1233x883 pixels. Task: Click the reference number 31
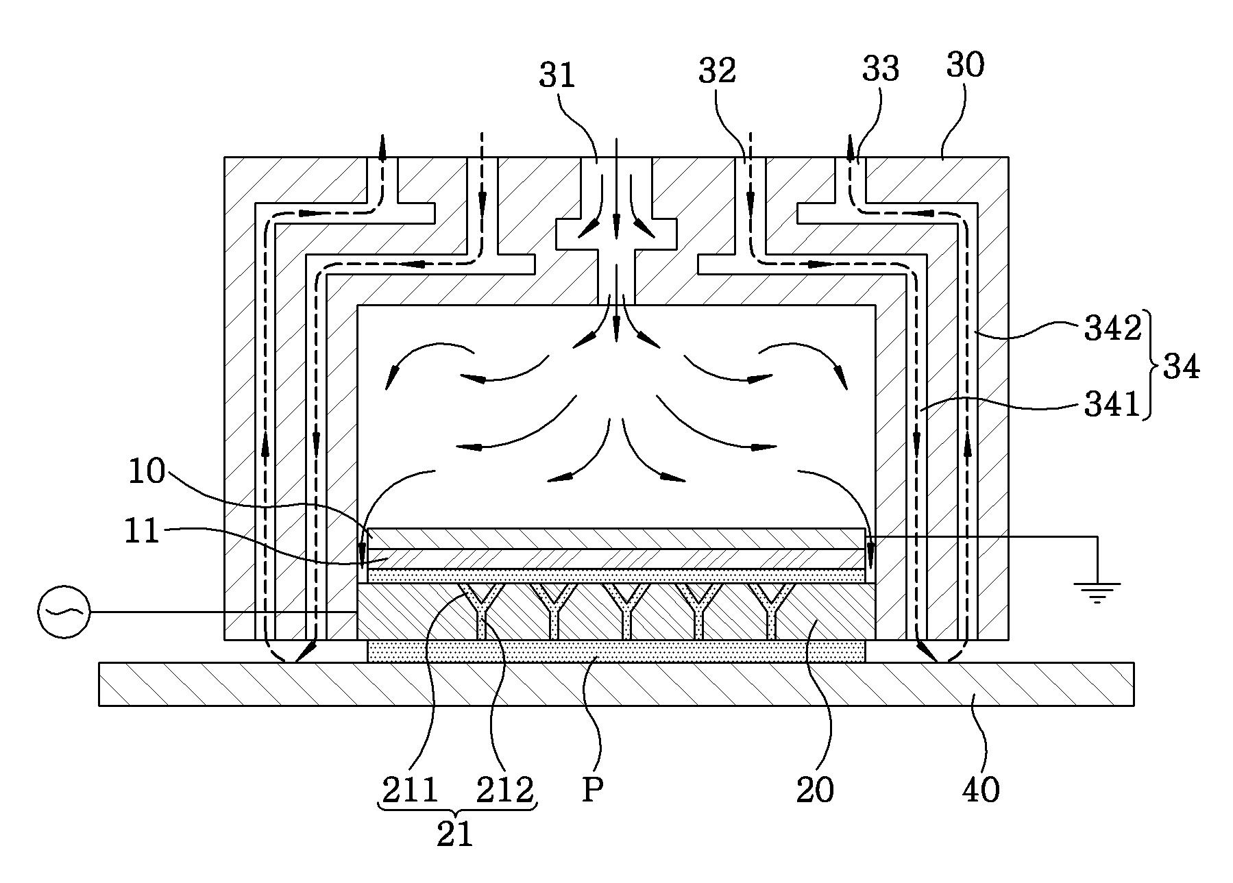[557, 75]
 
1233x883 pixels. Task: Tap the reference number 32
[717, 71]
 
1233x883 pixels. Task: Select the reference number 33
[880, 69]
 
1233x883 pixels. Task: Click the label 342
[1112, 329]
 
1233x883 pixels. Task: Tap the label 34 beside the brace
[1181, 368]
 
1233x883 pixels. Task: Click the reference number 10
[147, 472]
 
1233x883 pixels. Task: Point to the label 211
[410, 791]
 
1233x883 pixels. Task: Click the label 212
[505, 791]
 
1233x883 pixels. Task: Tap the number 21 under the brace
[455, 834]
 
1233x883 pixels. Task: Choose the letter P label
[592, 791]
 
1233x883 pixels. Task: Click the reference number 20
[815, 791]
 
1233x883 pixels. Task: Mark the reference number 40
[981, 791]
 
